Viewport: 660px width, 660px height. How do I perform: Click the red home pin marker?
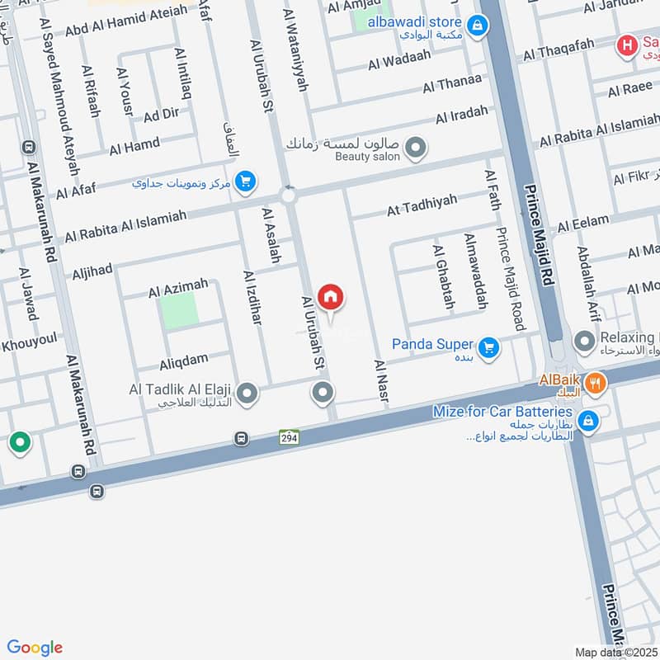pyautogui.click(x=331, y=297)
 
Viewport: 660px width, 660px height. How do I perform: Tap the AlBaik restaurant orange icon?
pyautogui.click(x=596, y=381)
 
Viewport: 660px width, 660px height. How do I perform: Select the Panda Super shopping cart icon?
pyautogui.click(x=489, y=347)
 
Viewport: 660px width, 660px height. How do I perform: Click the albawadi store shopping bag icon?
pyautogui.click(x=476, y=27)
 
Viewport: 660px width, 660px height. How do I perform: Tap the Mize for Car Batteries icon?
pyautogui.click(x=589, y=420)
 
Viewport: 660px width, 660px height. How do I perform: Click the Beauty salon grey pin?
pyautogui.click(x=417, y=148)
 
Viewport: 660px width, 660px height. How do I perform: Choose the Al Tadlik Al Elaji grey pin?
pyautogui.click(x=246, y=392)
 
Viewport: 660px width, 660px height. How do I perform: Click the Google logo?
pyautogui.click(x=34, y=648)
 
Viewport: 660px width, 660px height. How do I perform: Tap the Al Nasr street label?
pyautogui.click(x=380, y=381)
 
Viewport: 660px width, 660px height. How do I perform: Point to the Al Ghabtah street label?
pyautogui.click(x=443, y=276)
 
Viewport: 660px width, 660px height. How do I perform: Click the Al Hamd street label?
pyautogui.click(x=134, y=146)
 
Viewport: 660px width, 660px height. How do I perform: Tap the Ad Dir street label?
pyautogui.click(x=160, y=115)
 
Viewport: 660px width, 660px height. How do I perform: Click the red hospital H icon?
pyautogui.click(x=629, y=44)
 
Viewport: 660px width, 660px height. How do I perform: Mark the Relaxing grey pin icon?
pyautogui.click(x=584, y=340)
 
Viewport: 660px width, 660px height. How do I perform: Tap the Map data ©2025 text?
pyautogui.click(x=615, y=652)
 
